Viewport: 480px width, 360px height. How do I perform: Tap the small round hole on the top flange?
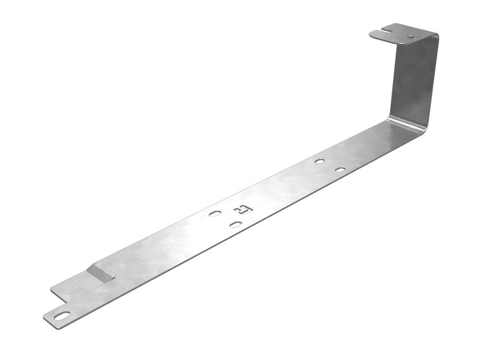pyautogui.click(x=410, y=37)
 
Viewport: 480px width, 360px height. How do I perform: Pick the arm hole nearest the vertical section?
pyautogui.click(x=340, y=170)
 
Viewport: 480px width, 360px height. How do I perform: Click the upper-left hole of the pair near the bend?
pyautogui.click(x=319, y=161)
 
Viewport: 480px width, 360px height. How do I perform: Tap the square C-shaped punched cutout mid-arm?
pyautogui.click(x=243, y=209)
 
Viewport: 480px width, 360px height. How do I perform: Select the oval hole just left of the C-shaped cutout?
pyautogui.click(x=215, y=213)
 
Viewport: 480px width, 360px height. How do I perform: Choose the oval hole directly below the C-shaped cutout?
pyautogui.click(x=236, y=224)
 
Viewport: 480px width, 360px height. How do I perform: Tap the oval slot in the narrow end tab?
pyautogui.click(x=62, y=316)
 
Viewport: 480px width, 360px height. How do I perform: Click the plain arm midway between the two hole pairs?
pyautogui.click(x=282, y=189)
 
